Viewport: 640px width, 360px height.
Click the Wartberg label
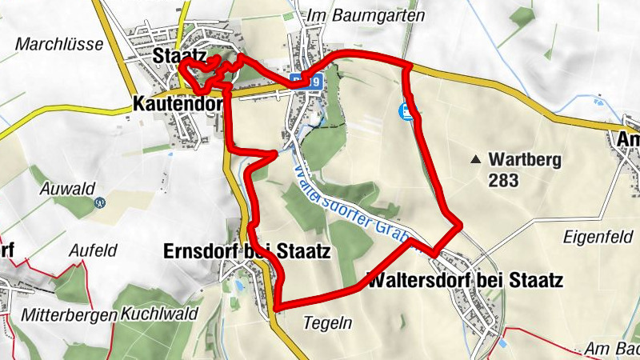[x=526, y=159]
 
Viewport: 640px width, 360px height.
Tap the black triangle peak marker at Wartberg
[x=478, y=159]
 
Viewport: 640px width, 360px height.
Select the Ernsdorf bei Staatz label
[x=246, y=250]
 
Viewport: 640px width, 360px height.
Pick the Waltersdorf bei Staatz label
[x=465, y=281]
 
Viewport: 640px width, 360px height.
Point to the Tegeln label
[x=328, y=322]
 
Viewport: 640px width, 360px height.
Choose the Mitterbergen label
[x=70, y=314]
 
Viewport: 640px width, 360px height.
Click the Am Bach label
[x=611, y=349]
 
